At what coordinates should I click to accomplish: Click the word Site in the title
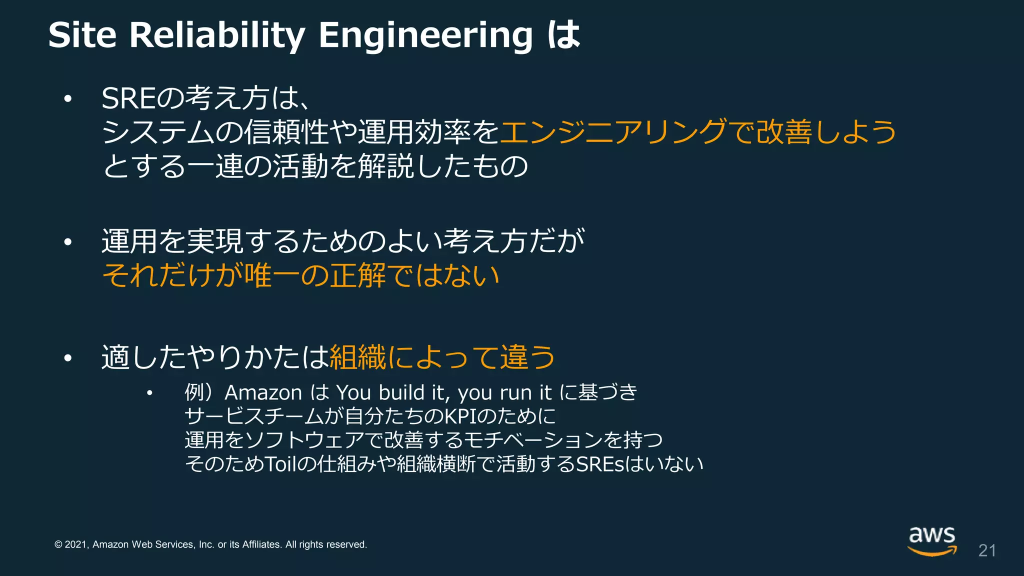pyautogui.click(x=82, y=35)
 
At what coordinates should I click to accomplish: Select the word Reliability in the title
pyautogui.click(x=217, y=35)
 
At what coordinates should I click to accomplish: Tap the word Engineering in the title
pyautogui.click(x=425, y=35)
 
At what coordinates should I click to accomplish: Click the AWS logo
pyautogui.click(x=932, y=540)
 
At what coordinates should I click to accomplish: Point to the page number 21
pyautogui.click(x=987, y=550)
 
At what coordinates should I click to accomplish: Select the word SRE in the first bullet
pyautogui.click(x=128, y=98)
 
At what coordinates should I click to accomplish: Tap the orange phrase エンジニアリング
pyautogui.click(x=612, y=132)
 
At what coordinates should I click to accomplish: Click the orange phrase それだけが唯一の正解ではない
pyautogui.click(x=300, y=275)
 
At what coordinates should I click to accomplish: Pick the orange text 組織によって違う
pyautogui.click(x=442, y=357)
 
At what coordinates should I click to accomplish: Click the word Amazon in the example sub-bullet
pyautogui.click(x=263, y=392)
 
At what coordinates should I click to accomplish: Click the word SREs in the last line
pyautogui.click(x=600, y=464)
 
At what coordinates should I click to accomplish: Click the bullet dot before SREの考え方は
pyautogui.click(x=68, y=99)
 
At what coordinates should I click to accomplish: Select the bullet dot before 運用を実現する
pyautogui.click(x=68, y=242)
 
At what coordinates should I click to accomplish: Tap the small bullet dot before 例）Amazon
pyautogui.click(x=149, y=393)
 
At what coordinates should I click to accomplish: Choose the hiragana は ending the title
pyautogui.click(x=564, y=35)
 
